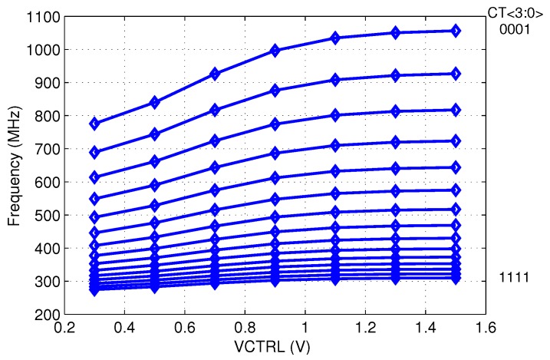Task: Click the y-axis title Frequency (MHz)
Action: pos(14,165)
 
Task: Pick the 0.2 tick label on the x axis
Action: pos(65,328)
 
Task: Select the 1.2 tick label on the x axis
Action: pos(365,328)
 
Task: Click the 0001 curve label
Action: pos(515,31)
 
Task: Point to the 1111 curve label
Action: pos(515,277)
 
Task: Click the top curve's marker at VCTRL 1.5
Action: pos(456,31)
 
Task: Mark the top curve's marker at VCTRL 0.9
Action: pos(275,51)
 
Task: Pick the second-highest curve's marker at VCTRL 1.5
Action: pos(456,74)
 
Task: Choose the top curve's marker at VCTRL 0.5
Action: pos(155,102)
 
